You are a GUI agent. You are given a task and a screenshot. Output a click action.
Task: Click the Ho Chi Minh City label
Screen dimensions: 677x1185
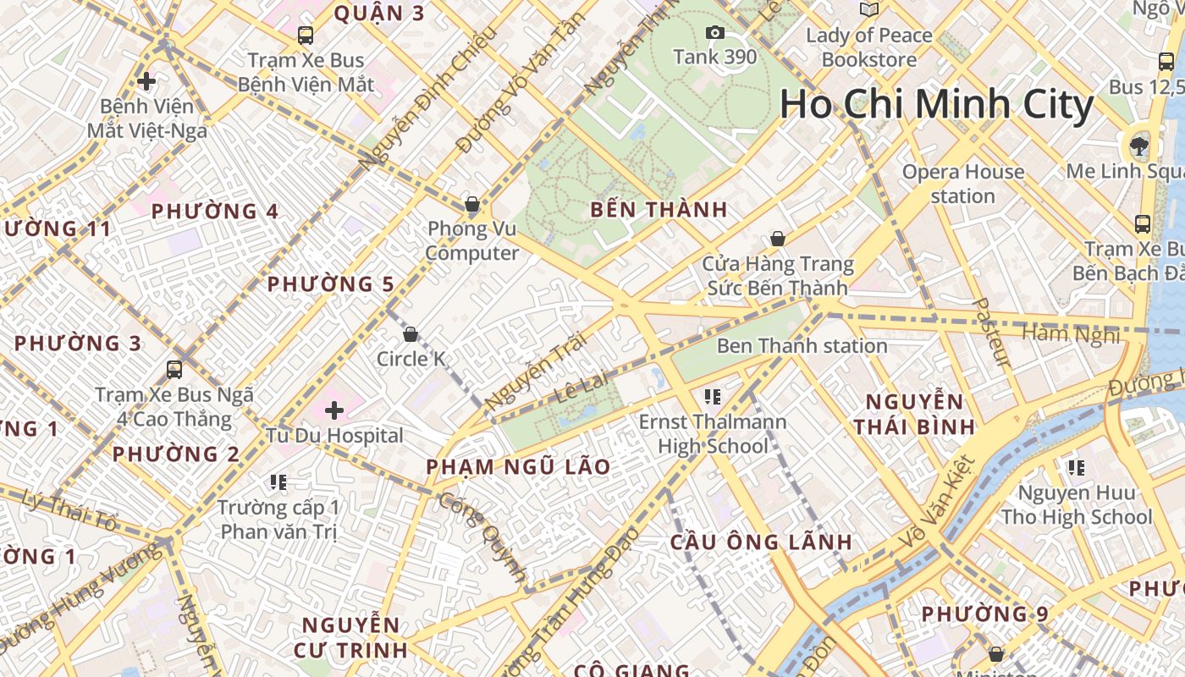(x=936, y=104)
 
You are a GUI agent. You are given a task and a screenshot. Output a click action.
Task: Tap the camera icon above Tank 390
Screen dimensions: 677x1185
(x=715, y=33)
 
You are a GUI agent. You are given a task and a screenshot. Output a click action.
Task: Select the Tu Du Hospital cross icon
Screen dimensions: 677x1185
(x=334, y=411)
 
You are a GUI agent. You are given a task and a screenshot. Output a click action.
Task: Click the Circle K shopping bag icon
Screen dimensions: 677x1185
(x=411, y=334)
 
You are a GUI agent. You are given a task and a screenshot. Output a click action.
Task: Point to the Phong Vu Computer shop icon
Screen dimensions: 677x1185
(x=472, y=204)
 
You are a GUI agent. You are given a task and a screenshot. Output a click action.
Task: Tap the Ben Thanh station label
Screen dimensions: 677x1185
(x=802, y=345)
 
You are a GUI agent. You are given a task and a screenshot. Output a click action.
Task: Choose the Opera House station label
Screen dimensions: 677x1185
(x=962, y=184)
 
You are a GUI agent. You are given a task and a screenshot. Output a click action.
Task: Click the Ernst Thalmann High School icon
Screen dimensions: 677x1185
(x=712, y=396)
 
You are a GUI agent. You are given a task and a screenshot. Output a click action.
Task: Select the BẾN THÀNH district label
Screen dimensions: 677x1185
(x=659, y=210)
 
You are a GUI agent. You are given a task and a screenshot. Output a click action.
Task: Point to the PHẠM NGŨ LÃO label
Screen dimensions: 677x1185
(x=518, y=467)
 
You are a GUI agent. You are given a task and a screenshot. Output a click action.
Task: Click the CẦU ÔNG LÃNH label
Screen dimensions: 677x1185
(x=761, y=542)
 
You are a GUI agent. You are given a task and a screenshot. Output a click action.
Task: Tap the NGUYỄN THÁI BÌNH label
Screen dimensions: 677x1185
(x=913, y=414)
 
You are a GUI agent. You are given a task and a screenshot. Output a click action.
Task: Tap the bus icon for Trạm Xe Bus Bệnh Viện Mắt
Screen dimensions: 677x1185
(x=306, y=36)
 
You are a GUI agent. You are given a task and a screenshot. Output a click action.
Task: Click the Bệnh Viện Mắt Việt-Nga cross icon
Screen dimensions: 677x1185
(x=146, y=81)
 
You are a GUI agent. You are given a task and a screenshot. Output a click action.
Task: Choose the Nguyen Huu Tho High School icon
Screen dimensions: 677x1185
(x=1076, y=467)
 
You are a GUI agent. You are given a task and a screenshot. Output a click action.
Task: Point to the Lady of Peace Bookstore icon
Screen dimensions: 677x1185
(x=869, y=9)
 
